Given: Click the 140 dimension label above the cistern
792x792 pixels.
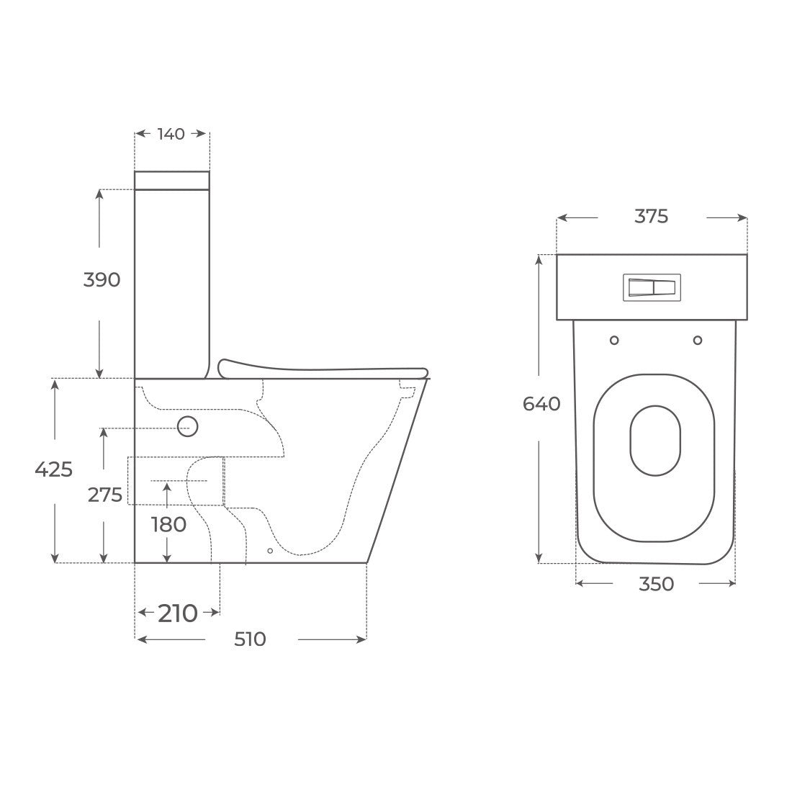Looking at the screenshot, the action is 171,134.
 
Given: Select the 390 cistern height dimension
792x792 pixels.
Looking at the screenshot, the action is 102,279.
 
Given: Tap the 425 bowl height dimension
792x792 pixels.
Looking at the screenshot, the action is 53,469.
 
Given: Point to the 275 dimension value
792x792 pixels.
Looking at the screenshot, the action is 105,495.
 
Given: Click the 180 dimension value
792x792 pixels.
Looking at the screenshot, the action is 168,525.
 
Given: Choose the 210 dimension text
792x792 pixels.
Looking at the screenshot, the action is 178,613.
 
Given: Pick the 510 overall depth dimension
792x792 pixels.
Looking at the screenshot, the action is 250,639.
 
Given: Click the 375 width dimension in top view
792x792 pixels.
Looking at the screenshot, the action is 651,216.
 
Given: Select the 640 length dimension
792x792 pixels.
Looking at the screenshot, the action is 541,404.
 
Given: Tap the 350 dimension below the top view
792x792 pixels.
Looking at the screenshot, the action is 656,584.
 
